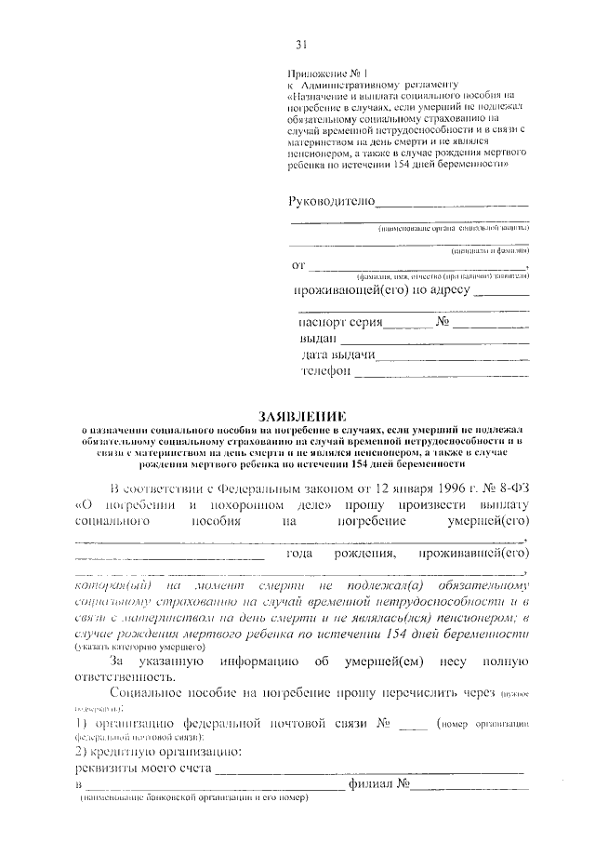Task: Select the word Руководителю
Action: pos(332,201)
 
